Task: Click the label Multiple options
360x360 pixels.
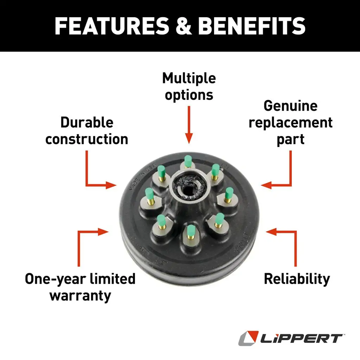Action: tap(189, 86)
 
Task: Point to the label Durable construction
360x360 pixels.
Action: tap(87, 131)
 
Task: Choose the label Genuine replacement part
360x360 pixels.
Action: tap(291, 123)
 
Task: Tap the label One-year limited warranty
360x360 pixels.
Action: tap(80, 287)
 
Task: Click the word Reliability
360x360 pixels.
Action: tap(297, 279)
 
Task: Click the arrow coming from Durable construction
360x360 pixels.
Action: tap(94, 176)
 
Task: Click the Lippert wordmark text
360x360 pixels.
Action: tap(301, 338)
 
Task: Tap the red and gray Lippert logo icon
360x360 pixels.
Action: tap(248, 338)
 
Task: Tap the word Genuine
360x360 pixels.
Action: tap(291, 106)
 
